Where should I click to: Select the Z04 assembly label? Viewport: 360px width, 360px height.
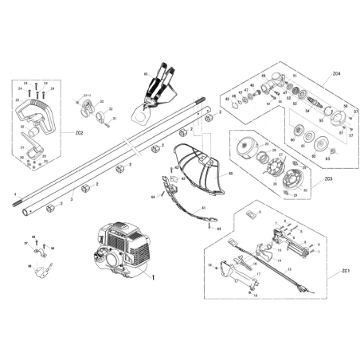click(337, 73)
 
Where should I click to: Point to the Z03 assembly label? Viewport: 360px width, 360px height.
click(328, 178)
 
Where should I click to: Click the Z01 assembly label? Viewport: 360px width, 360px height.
click(344, 272)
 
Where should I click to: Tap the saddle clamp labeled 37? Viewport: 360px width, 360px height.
click(39, 248)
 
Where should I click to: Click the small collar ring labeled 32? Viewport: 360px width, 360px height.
click(104, 120)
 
